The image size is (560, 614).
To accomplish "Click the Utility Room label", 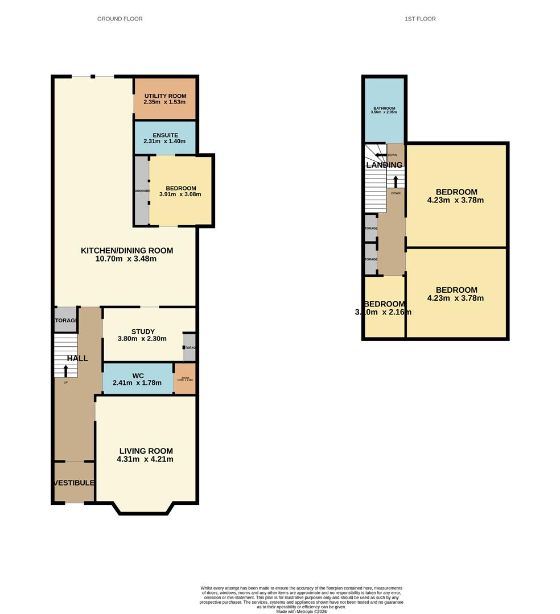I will point(164,94).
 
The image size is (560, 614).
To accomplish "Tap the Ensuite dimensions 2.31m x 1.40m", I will point(164,141).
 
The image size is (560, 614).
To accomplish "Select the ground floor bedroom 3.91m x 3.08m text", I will point(180,194).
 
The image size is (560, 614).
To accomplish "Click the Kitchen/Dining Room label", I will point(126,250).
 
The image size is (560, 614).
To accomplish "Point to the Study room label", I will point(143,331).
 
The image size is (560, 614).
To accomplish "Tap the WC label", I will point(138,375).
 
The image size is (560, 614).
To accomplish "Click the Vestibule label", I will point(74,483).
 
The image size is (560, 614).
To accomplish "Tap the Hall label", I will point(77,358).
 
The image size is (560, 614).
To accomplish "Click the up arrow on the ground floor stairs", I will point(65,371).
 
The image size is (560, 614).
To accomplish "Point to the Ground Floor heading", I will point(120,19).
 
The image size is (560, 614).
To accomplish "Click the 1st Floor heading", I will point(420,19).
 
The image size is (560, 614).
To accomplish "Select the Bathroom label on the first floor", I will point(384,108).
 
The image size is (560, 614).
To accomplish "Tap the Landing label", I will point(384,165).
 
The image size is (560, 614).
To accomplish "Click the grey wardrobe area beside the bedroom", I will point(142,190).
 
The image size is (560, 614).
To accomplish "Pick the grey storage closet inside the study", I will point(190,347).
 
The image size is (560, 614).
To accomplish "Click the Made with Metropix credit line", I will point(302,611).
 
